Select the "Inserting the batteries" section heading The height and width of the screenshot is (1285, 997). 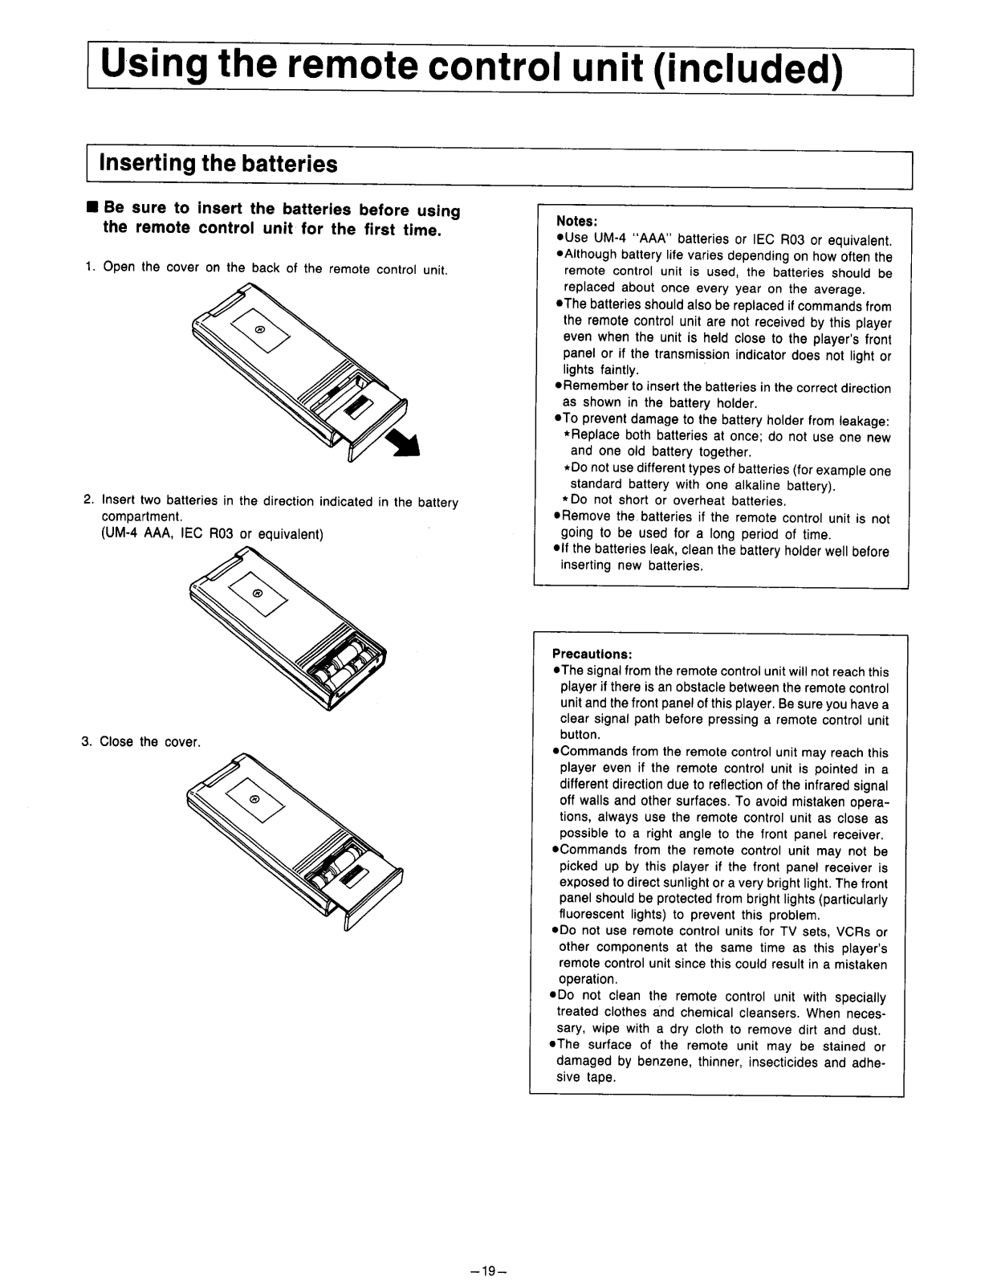coord(218,164)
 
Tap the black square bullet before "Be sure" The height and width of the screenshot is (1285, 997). coord(92,208)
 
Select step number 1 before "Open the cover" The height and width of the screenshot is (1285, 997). coord(89,268)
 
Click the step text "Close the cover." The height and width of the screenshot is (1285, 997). coord(149,742)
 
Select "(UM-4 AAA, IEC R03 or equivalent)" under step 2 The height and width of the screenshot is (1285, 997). coord(212,534)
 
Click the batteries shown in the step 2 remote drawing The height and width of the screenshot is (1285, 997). coord(348,660)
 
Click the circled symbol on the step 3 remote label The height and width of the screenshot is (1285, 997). coord(254,799)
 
